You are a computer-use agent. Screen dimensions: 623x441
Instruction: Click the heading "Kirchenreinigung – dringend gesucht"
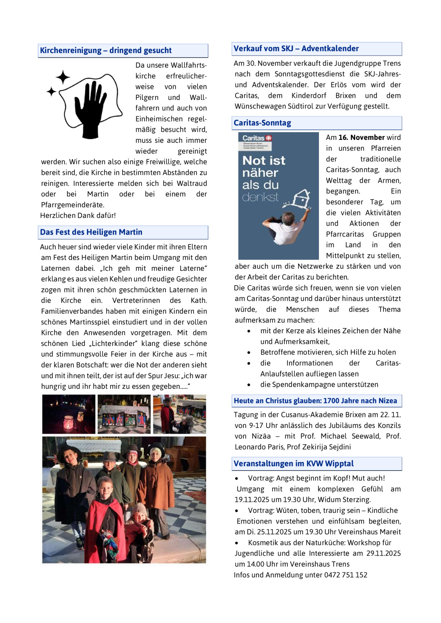[x=106, y=51]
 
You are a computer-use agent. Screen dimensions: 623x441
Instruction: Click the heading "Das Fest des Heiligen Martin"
[x=91, y=232]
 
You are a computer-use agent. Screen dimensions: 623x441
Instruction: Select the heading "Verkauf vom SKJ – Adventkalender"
[x=296, y=49]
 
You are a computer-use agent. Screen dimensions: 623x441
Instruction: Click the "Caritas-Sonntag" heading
[x=262, y=123]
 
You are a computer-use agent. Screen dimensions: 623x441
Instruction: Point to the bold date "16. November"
[x=361, y=137]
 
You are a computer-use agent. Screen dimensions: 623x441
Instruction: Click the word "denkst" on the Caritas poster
[x=260, y=197]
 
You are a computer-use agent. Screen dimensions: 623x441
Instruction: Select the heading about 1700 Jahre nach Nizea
[x=315, y=401]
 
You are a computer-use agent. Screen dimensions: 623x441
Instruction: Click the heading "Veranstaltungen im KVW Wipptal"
[x=294, y=463]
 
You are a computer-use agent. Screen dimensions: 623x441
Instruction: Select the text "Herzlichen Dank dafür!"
[x=78, y=215]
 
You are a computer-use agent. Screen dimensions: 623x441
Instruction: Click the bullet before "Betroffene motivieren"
[x=249, y=353]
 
